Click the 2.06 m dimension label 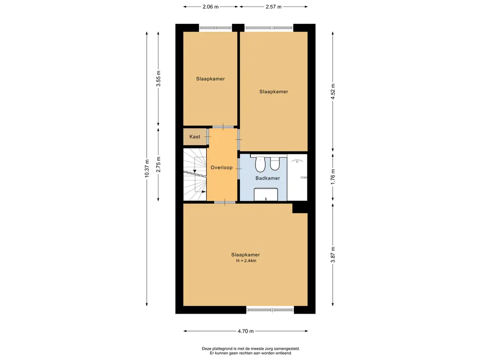tap(211, 7)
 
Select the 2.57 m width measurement tap(274, 7)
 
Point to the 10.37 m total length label tap(147, 168)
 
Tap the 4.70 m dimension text tap(246, 331)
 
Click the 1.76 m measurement tap(333, 177)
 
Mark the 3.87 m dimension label tap(333, 255)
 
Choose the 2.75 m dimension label tap(158, 164)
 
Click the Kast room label tap(195, 137)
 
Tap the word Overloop tap(222, 167)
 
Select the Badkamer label tap(268, 178)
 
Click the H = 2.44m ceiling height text tap(246, 261)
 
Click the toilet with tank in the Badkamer tap(275, 163)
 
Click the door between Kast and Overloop tap(207, 136)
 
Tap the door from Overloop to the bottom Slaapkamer tap(225, 202)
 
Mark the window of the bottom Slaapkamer tap(270, 309)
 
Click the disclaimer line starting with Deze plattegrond tap(251, 348)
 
